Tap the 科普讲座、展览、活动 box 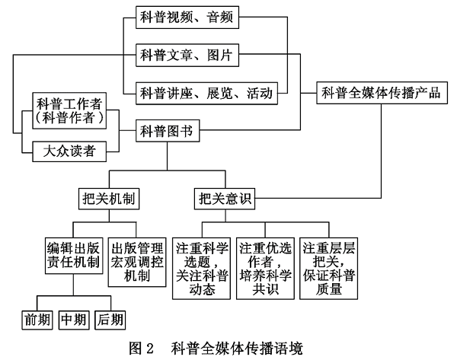[x=206, y=94]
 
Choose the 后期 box [x=110, y=319]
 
